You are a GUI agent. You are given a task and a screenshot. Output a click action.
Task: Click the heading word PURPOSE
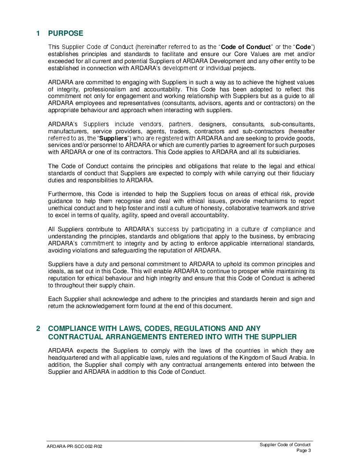click(x=65, y=34)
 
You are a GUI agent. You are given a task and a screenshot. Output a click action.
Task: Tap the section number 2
click(x=38, y=329)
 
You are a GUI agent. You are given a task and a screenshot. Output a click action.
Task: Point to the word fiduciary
click(x=301, y=173)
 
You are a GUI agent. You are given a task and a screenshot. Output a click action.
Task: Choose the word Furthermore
click(x=66, y=194)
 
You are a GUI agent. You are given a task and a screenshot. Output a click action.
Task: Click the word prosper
click(x=245, y=271)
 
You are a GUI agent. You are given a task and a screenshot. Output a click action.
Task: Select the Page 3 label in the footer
click(x=304, y=451)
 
